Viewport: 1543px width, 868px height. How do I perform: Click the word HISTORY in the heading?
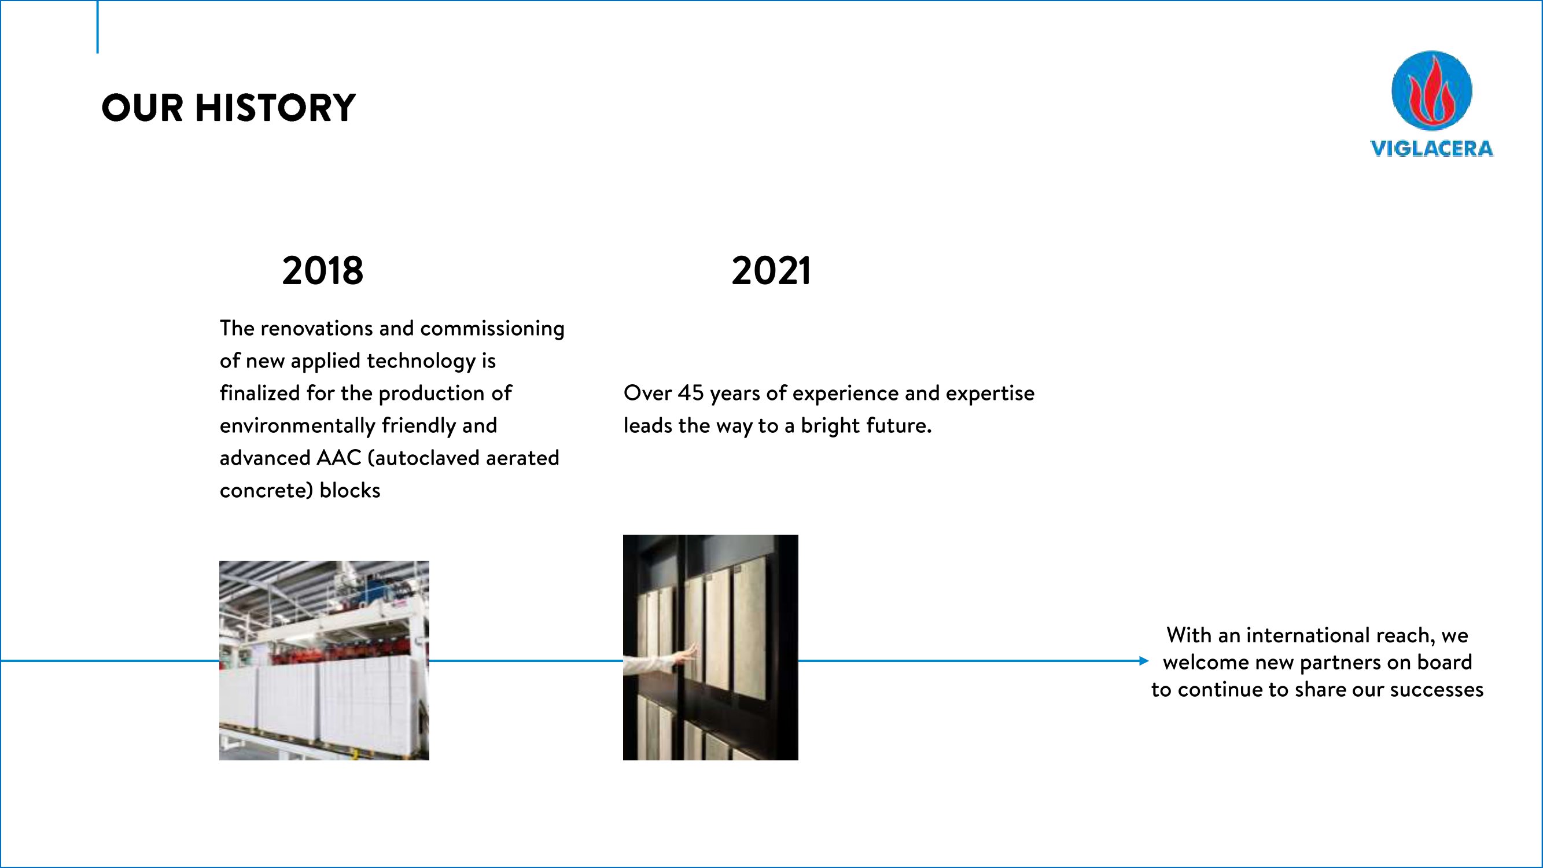(275, 108)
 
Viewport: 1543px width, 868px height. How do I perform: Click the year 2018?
(323, 271)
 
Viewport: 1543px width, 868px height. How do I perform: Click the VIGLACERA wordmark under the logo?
(1431, 149)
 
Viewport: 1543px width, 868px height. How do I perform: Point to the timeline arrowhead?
(1143, 661)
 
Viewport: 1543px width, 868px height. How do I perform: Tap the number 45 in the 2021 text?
(691, 393)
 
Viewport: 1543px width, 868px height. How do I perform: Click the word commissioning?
(492, 329)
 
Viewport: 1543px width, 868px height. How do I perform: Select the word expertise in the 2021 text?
(990, 393)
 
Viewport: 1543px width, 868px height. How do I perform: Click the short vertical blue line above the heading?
(98, 27)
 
